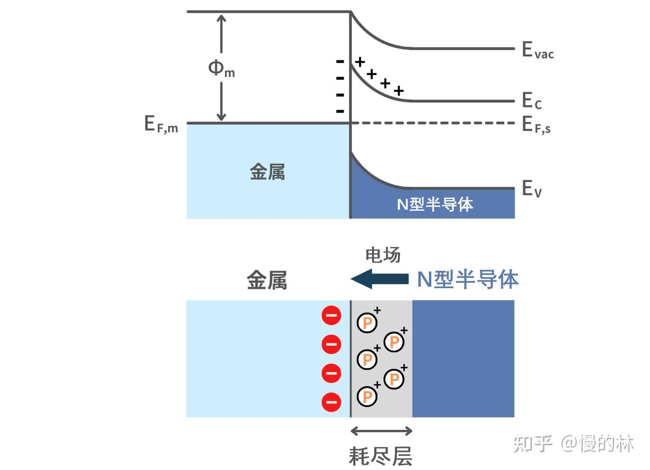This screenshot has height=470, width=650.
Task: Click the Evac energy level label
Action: [x=538, y=50]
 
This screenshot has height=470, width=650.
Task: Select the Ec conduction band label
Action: [x=532, y=101]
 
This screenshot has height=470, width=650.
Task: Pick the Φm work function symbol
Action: [x=221, y=68]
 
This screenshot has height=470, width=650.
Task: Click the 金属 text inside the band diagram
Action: [x=267, y=172]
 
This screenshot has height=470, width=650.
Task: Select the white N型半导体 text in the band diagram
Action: [x=435, y=204]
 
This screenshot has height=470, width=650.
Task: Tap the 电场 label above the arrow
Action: [x=383, y=255]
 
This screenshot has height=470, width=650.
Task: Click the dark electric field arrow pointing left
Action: [x=380, y=279]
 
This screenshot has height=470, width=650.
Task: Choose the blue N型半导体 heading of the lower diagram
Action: [x=468, y=279]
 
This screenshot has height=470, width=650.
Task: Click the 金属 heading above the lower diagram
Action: [x=267, y=281]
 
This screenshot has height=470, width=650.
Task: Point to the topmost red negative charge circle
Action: [x=331, y=315]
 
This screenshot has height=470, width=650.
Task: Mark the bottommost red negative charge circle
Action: [x=331, y=402]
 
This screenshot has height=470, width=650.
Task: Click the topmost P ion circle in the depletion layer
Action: [x=367, y=323]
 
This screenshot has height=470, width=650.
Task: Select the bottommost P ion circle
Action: [x=367, y=396]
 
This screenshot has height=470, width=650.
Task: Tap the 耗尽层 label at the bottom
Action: [x=380, y=456]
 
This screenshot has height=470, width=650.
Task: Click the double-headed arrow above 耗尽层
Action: [x=381, y=431]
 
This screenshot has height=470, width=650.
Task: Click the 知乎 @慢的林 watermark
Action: [x=574, y=444]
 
